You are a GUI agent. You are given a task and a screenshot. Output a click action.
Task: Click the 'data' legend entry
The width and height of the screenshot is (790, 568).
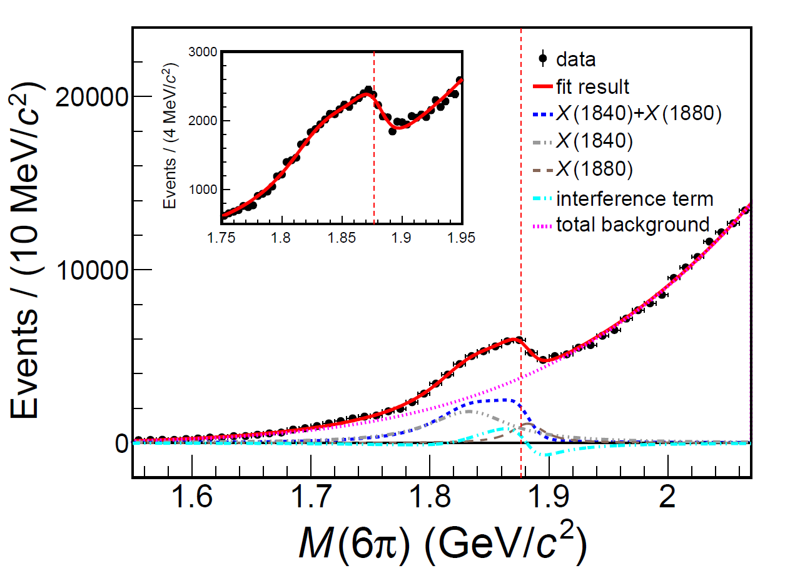click(575, 59)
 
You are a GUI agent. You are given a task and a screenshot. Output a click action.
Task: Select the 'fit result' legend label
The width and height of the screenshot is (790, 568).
click(592, 86)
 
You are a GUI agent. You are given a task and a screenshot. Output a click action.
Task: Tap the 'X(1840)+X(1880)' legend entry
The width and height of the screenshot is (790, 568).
click(639, 114)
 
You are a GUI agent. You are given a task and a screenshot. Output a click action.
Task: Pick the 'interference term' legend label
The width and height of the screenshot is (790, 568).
click(634, 199)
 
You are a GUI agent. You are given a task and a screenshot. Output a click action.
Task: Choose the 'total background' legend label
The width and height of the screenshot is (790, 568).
click(632, 225)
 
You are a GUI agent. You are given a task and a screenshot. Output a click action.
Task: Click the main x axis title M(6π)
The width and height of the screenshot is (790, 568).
click(441, 539)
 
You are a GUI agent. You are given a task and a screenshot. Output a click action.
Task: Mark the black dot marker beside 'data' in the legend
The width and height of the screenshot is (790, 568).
click(543, 59)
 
